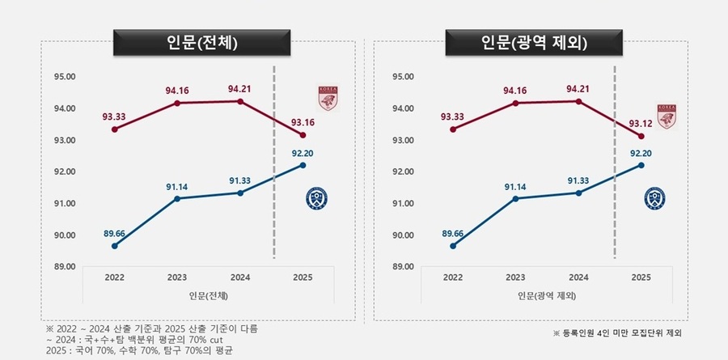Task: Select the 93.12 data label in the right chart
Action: point(639,122)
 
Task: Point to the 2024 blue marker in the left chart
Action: point(239,193)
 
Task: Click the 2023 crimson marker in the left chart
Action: point(177,103)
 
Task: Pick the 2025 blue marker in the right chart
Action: point(641,165)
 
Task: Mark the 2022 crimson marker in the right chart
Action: point(454,129)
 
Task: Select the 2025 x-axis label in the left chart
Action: point(302,277)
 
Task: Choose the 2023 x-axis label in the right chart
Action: point(516,277)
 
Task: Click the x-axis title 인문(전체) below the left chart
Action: point(208,296)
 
